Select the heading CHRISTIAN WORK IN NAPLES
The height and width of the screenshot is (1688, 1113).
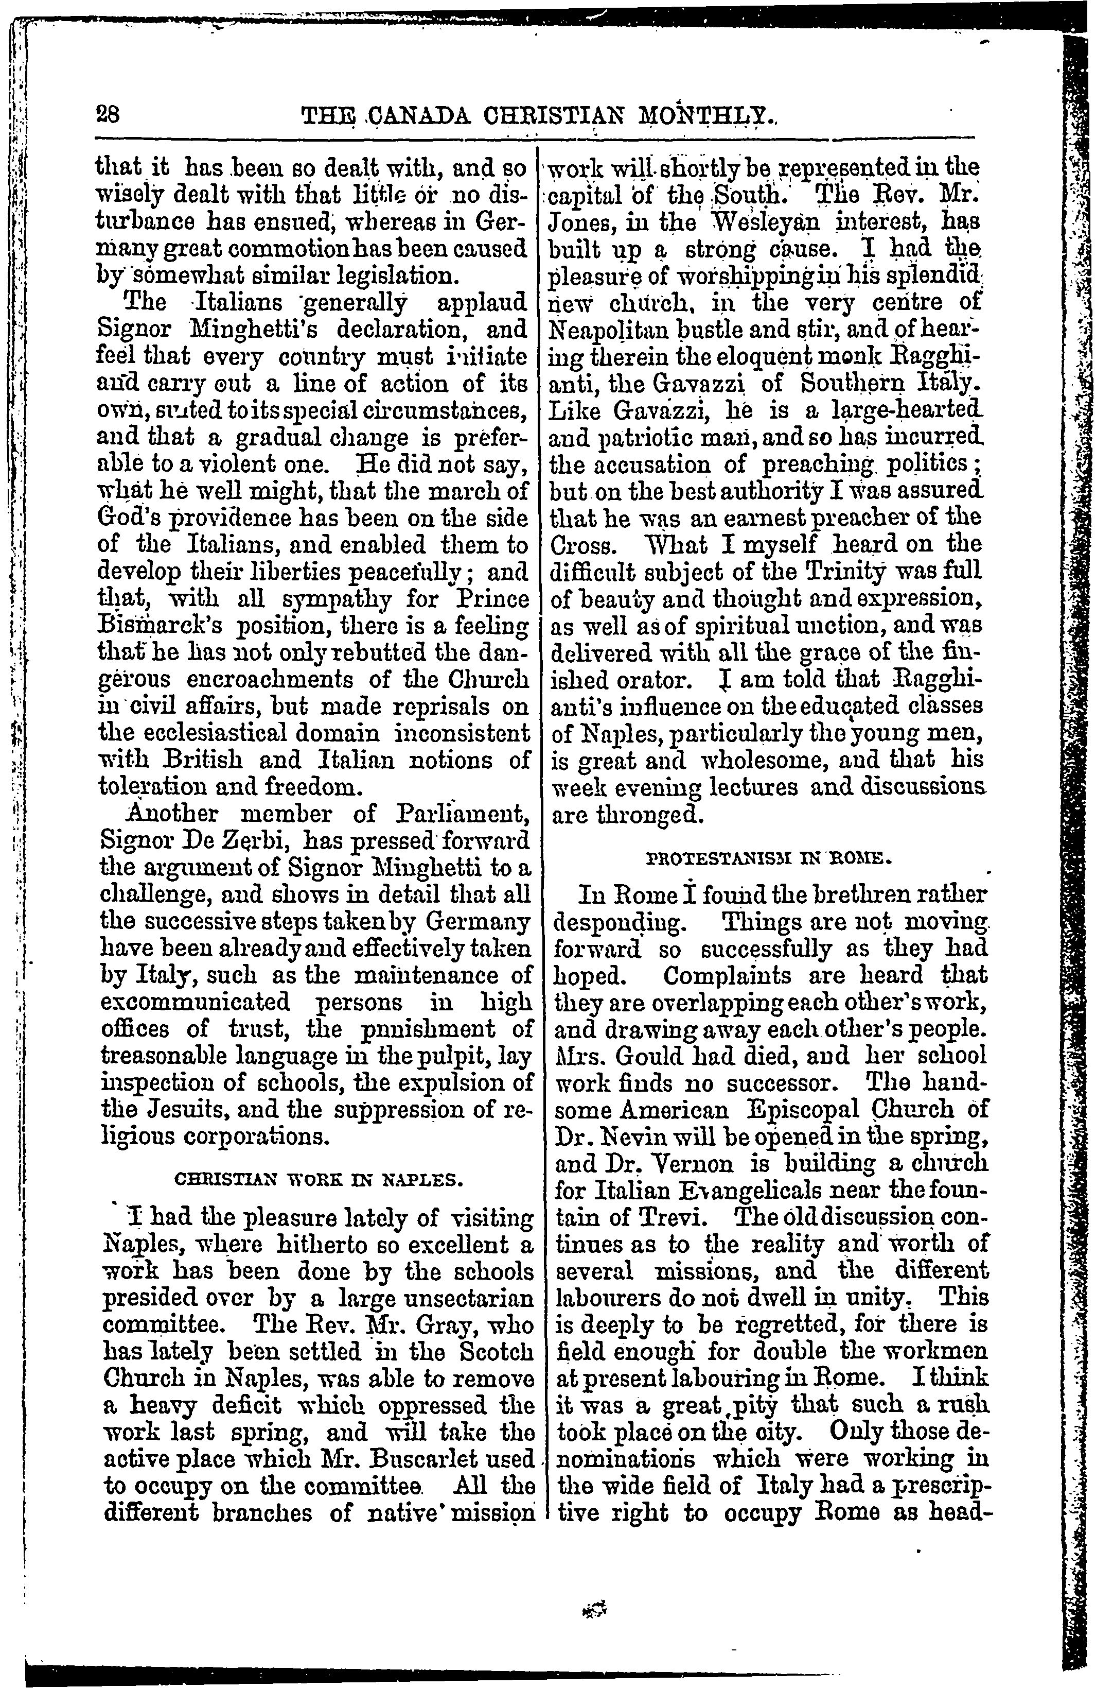[318, 1180]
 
